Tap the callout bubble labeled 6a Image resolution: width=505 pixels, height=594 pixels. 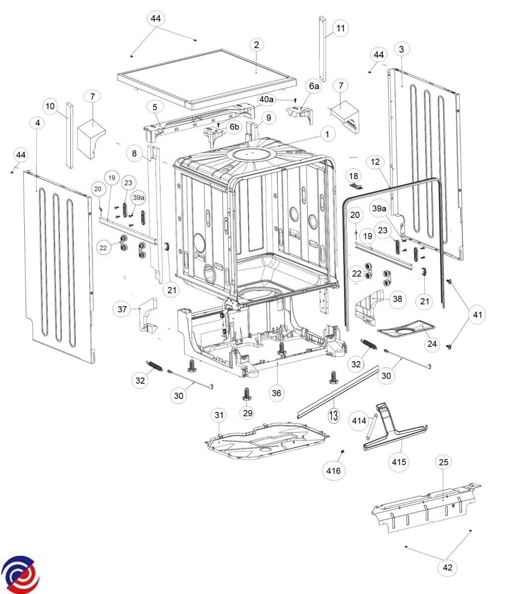(x=314, y=87)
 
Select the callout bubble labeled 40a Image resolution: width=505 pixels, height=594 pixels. (x=266, y=99)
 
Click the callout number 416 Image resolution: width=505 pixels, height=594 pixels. (x=333, y=470)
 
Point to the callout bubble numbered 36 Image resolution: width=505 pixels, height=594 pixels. (x=276, y=393)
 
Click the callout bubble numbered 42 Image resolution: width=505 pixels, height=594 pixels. (x=447, y=568)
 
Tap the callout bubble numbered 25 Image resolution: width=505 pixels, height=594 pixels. (x=444, y=462)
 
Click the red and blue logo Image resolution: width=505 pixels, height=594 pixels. (x=20, y=574)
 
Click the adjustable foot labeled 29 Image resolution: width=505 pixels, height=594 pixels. (x=246, y=394)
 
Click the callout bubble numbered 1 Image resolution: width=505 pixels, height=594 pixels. (x=327, y=134)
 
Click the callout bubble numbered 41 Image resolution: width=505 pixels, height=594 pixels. (x=477, y=314)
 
